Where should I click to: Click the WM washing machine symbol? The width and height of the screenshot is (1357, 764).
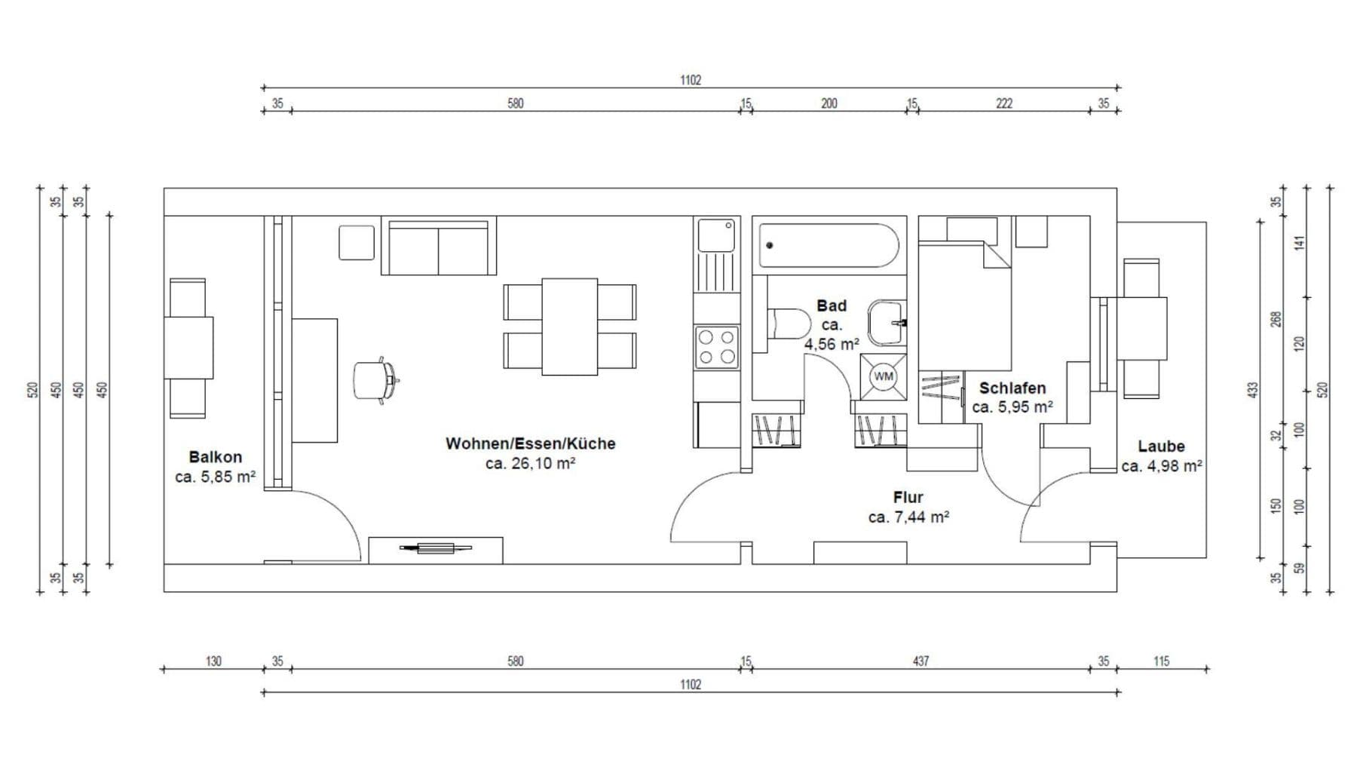884,376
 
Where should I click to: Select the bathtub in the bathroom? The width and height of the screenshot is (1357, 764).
829,245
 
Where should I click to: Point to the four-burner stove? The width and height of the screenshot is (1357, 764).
716,347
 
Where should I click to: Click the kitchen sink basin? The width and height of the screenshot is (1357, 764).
715,235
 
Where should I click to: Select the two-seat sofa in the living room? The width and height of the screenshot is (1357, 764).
438,247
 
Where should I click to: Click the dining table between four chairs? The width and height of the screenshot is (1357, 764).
569,327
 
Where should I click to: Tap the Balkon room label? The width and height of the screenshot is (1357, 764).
215,457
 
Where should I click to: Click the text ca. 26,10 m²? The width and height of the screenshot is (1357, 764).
530,464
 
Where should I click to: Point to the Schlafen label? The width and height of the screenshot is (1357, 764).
1012,388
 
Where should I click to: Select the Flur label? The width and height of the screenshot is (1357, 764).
908,498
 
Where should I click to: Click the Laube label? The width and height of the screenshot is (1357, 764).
1161,446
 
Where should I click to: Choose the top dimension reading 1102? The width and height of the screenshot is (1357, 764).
691,80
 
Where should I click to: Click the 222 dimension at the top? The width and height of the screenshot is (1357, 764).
1003,103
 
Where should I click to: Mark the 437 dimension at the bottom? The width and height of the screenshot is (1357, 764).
920,661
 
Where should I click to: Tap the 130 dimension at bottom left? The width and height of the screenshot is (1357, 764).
213,661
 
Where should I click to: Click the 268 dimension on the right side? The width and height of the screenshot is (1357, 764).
1276,319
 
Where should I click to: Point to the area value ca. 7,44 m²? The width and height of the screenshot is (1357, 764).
908,517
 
